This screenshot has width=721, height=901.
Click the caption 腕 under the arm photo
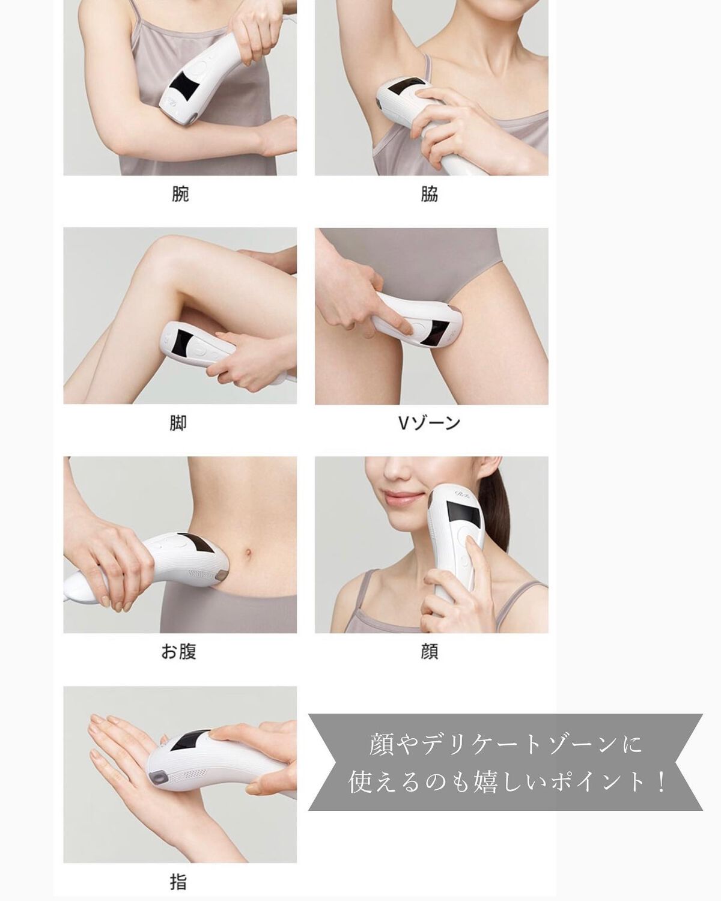pyautogui.click(x=180, y=194)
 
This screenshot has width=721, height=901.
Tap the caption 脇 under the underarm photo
pyautogui.click(x=430, y=194)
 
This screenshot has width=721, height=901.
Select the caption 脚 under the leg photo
pyautogui.click(x=178, y=423)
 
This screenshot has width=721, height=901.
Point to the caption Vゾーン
pyautogui.click(x=428, y=423)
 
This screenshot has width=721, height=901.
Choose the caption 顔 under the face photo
pyautogui.click(x=430, y=652)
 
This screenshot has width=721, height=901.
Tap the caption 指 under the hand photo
pyautogui.click(x=178, y=879)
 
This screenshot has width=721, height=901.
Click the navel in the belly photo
pyautogui.click(x=248, y=552)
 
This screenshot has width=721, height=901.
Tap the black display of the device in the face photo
pyautogui.click(x=463, y=515)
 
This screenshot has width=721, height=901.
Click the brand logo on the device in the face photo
pyautogui.click(x=463, y=494)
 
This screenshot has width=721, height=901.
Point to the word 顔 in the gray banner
pyautogui.click(x=382, y=745)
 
